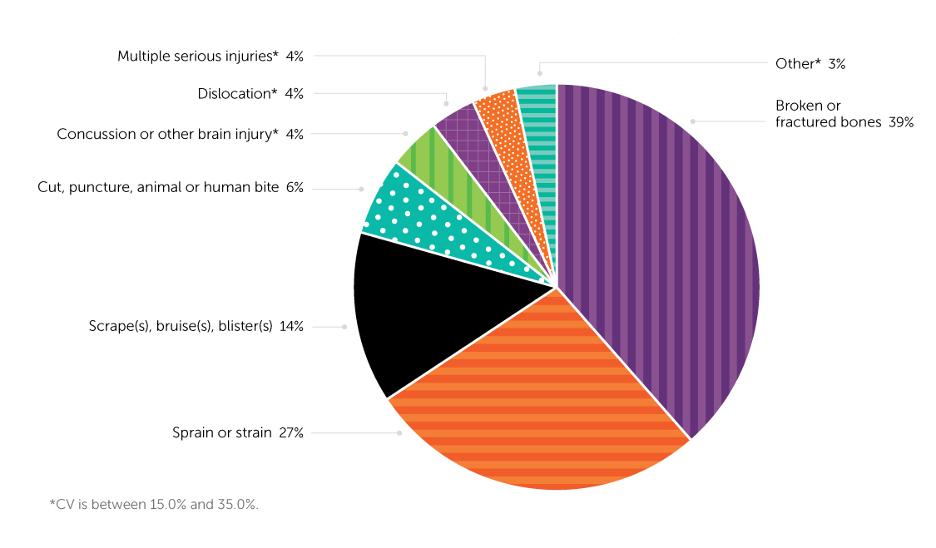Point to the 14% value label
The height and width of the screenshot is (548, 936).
291,327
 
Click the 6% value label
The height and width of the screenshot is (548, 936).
295,189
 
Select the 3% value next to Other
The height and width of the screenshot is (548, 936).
836,63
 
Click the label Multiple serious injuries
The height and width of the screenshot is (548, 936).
196,57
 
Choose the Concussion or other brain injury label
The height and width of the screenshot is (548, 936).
166,133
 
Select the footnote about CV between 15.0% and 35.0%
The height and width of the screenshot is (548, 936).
154,504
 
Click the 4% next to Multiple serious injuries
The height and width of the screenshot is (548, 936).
295,57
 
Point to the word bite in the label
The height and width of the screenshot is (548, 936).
267,189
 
